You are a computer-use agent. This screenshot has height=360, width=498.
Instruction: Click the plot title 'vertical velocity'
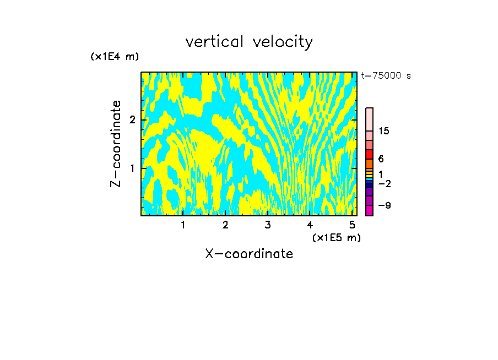point(249,42)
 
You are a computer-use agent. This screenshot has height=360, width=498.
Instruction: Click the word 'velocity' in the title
point(282,42)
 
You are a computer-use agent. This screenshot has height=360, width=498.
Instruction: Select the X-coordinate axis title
point(249,254)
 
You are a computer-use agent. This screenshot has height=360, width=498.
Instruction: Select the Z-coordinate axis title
point(116,144)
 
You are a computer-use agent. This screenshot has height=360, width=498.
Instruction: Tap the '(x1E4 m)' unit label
point(115,57)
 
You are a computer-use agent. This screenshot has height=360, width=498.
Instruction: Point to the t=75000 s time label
point(386,76)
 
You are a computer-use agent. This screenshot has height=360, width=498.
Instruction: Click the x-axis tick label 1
point(183,225)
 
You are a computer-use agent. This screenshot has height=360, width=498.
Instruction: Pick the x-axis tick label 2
point(225,225)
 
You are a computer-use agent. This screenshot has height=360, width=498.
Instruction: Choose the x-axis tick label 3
point(268,225)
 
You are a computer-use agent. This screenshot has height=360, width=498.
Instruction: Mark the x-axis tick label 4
point(310,225)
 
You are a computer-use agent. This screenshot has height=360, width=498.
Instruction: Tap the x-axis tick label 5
point(352,225)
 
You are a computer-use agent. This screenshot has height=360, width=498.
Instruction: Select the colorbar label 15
point(384,131)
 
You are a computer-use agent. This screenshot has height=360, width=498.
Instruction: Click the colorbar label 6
point(381,159)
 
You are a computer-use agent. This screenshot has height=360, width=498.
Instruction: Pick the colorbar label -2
point(383,183)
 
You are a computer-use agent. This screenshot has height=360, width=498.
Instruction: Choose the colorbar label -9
point(383,205)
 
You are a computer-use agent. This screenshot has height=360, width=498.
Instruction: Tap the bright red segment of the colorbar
point(370,154)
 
